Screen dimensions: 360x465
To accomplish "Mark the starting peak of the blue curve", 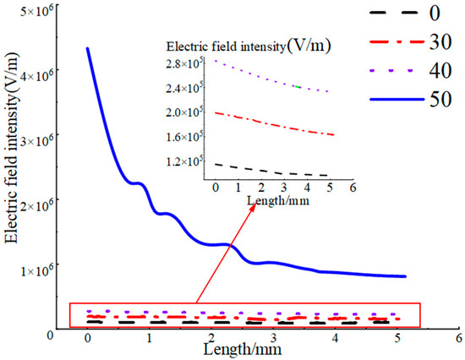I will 88,49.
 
